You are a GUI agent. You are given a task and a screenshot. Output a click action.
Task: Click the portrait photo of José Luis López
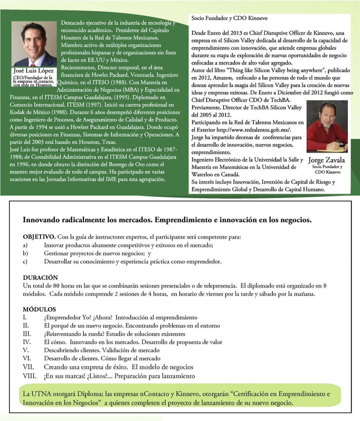tap(32, 43)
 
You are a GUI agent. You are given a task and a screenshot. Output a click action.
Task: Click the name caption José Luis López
tap(33, 71)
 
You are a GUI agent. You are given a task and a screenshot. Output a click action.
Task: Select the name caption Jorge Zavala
tap(326, 160)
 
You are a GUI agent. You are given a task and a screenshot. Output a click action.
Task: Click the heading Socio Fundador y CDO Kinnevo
tap(229, 18)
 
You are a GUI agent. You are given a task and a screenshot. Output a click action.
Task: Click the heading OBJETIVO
tap(39, 237)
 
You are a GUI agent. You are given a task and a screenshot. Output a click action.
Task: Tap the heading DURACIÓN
tap(40, 277)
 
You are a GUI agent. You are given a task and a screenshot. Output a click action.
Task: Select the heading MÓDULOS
tap(39, 309)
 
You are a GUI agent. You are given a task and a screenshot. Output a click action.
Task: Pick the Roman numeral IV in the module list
tap(27, 342)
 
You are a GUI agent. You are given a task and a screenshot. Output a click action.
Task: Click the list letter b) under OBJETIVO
tap(25, 253)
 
